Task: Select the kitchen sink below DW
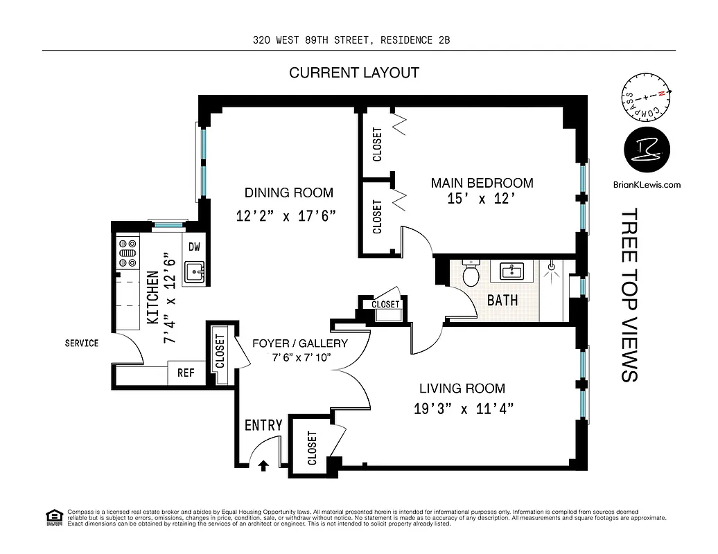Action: [x=195, y=273]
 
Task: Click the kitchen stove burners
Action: [x=128, y=253]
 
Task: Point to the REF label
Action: [x=186, y=373]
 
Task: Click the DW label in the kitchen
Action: [x=193, y=247]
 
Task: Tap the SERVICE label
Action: [x=82, y=343]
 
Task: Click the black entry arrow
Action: [x=263, y=465]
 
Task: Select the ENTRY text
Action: [x=263, y=425]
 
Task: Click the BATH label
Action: [x=502, y=301]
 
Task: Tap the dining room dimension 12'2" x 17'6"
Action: [x=286, y=215]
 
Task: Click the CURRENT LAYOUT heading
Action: [x=354, y=73]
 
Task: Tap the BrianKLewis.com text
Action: [x=647, y=184]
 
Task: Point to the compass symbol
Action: [x=646, y=99]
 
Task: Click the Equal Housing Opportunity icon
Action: [x=53, y=517]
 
